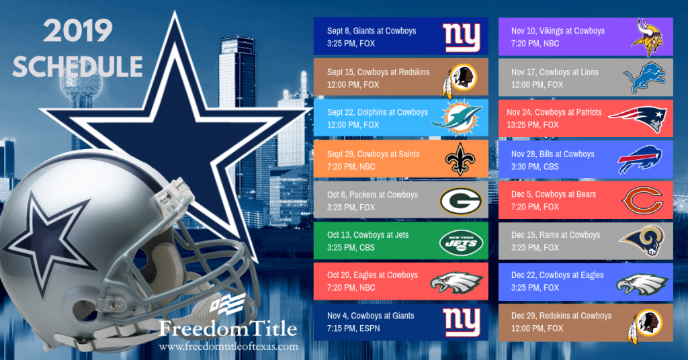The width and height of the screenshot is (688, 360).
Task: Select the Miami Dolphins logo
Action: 456,118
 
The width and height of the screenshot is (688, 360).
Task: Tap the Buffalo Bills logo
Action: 642,160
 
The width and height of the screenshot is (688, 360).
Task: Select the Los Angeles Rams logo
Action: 642,240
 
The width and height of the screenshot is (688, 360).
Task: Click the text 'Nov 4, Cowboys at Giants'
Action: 370,316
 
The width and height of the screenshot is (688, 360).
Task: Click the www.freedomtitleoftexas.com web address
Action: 229,347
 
